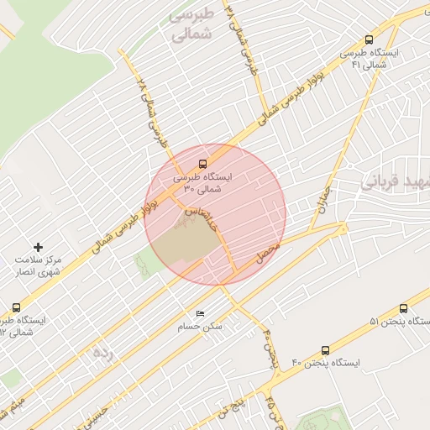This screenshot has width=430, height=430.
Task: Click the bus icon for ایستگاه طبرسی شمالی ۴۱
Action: click(x=370, y=39)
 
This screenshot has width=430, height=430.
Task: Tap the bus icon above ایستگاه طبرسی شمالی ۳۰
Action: click(x=202, y=165)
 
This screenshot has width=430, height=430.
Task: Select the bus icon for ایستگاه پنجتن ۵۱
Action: click(x=404, y=309)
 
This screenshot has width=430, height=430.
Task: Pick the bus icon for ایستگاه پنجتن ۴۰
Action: click(x=325, y=350)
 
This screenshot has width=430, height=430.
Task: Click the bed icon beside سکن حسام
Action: click(x=200, y=314)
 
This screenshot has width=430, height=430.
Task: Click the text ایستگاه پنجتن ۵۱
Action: click(x=400, y=322)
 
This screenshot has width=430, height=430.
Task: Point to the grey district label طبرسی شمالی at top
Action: click(x=191, y=25)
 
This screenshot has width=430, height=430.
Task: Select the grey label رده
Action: click(x=102, y=352)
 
